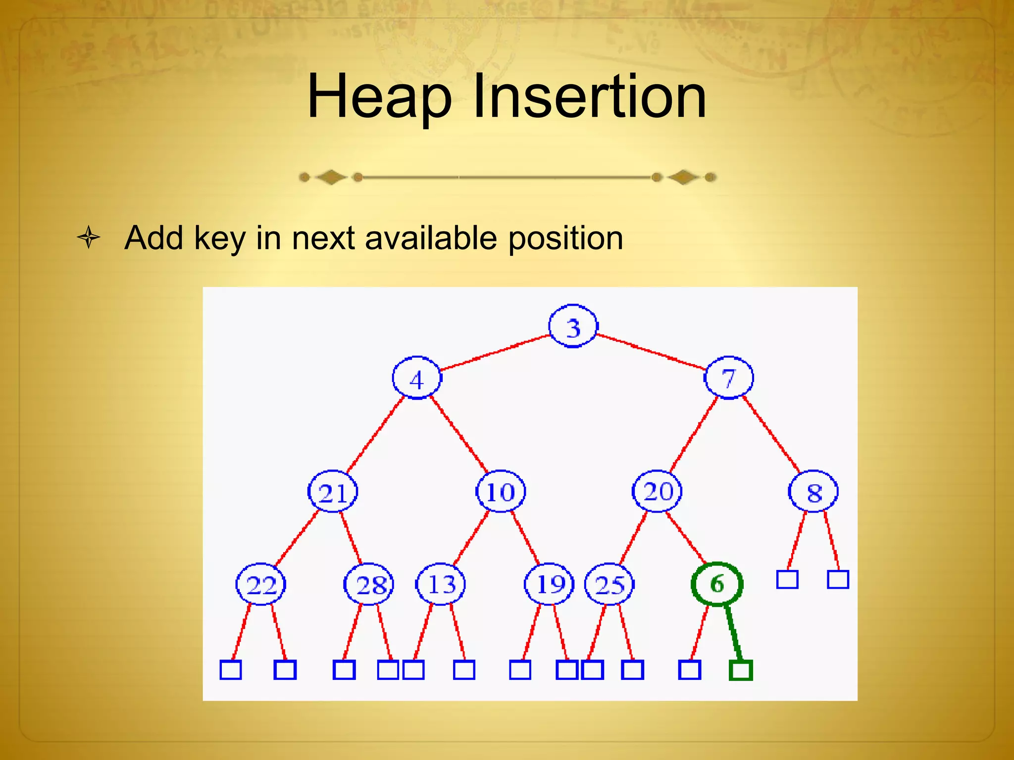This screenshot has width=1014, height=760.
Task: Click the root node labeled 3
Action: point(573,327)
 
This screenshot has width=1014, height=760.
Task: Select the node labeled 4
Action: point(417,379)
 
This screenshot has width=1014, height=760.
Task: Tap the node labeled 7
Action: point(728,378)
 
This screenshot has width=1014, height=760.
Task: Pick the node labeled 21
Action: point(333,492)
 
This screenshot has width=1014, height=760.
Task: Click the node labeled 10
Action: point(501,491)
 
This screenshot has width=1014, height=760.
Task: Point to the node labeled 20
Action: point(658,491)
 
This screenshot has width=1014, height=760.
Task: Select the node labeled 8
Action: point(813,492)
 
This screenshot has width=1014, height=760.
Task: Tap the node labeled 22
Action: point(261,584)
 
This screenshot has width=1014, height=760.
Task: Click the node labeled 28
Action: point(369,585)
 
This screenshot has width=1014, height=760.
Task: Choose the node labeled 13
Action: point(441,584)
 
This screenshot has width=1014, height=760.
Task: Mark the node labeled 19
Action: point(550,584)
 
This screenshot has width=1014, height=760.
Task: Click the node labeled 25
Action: point(609,584)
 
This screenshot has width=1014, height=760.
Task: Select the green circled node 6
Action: point(717,584)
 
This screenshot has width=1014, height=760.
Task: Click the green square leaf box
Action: point(741,670)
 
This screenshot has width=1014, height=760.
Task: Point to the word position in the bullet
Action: point(565,239)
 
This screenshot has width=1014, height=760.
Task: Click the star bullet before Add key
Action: point(89,238)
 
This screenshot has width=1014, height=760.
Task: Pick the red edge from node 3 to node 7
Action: point(651,352)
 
